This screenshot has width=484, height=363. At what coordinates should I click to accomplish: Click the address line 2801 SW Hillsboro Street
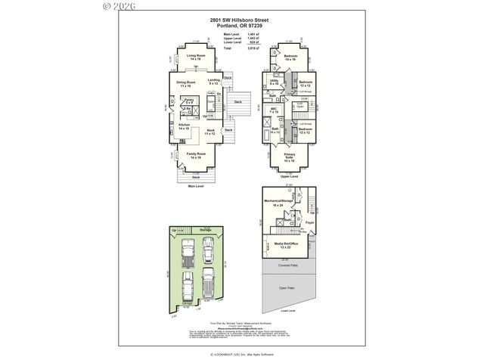(242, 21)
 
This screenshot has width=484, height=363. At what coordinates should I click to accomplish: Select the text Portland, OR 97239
(242, 26)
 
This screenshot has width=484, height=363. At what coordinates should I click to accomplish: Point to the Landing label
(214, 80)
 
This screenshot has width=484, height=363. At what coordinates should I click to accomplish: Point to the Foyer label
(309, 224)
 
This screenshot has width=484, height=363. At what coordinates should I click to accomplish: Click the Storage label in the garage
(205, 230)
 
